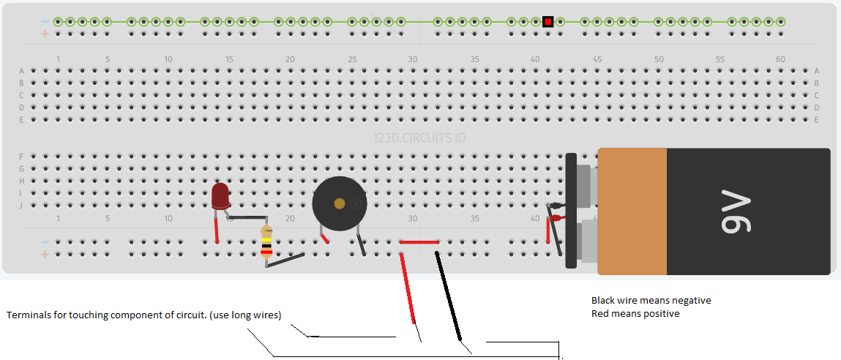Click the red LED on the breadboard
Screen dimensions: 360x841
tap(219, 196)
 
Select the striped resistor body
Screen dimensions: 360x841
tap(266, 242)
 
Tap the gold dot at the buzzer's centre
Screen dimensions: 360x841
tap(339, 203)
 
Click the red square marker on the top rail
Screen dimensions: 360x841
tap(547, 22)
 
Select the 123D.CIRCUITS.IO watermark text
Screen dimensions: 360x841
tap(419, 138)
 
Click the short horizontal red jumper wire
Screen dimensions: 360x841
tap(419, 242)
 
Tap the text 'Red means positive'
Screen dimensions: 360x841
tap(635, 314)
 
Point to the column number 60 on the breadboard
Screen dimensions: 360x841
tap(780, 59)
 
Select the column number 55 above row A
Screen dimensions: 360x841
tap(719, 59)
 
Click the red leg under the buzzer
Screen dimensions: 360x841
tap(324, 236)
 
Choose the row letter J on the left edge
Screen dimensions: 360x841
tap(22, 206)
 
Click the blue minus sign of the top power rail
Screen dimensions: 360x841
tap(45, 22)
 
